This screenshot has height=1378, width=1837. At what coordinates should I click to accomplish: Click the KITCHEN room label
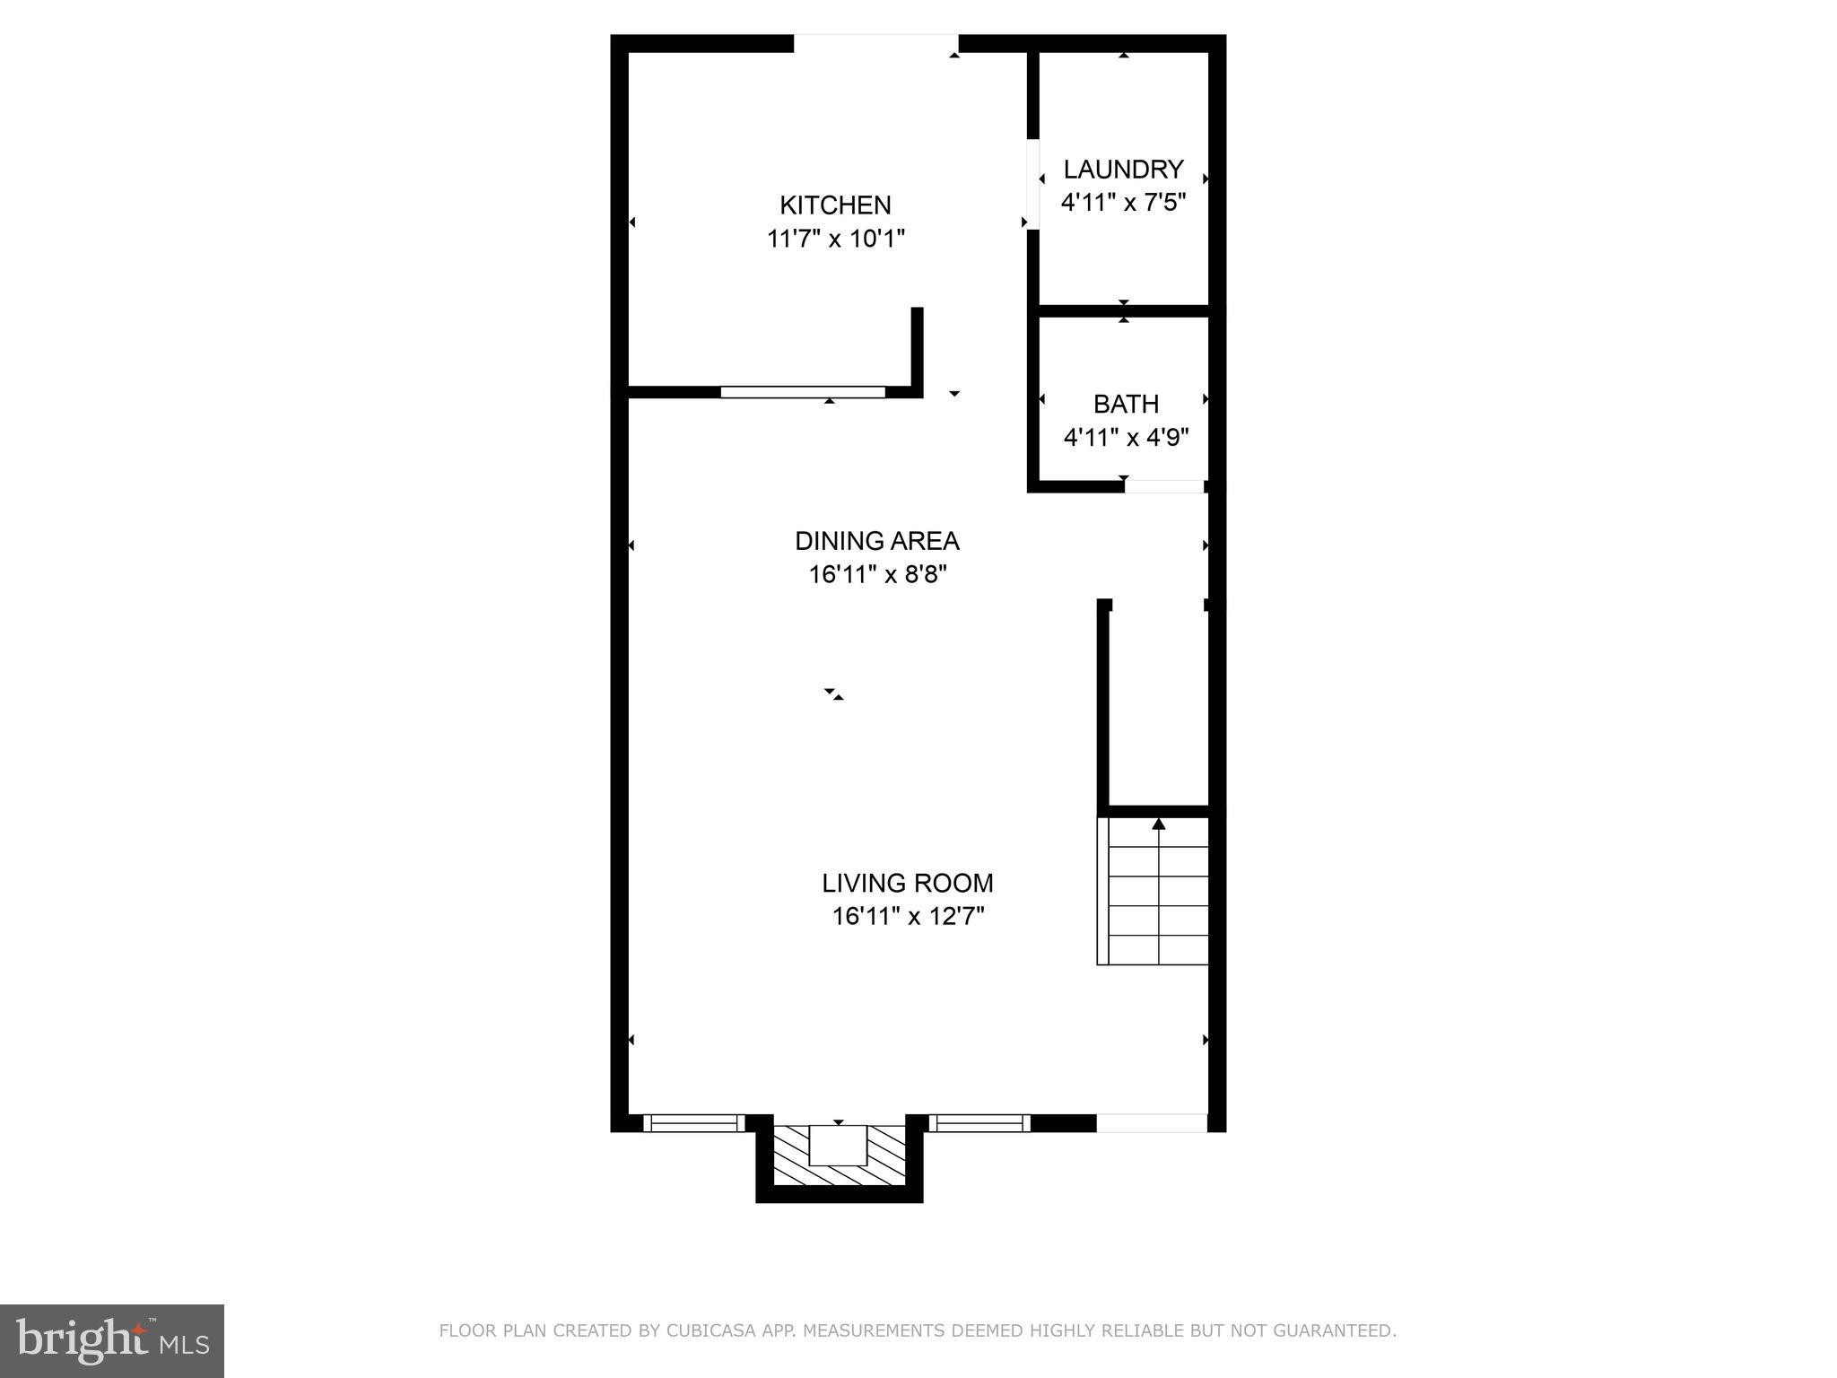(x=835, y=205)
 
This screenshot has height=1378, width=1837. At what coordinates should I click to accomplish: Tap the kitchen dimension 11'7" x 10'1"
(x=835, y=240)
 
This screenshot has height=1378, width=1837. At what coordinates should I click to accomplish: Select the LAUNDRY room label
(x=1123, y=170)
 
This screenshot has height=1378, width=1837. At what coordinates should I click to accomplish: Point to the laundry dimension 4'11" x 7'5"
(x=1123, y=203)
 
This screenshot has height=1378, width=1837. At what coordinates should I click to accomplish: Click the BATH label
(x=1126, y=404)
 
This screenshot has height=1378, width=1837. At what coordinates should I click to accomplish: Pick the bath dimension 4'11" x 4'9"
(x=1126, y=438)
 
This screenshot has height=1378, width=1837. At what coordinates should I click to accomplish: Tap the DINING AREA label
(x=876, y=541)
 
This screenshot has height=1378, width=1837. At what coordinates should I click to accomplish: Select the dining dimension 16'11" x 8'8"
(x=877, y=574)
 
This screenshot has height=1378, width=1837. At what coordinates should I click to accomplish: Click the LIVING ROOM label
(x=907, y=884)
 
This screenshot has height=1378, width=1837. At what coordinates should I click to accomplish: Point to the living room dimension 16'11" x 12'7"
(x=908, y=917)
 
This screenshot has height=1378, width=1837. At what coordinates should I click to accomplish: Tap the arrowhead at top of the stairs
(x=1159, y=823)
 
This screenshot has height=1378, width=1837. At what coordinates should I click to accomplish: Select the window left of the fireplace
(x=694, y=1122)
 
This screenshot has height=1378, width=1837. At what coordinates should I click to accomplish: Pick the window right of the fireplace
(x=978, y=1122)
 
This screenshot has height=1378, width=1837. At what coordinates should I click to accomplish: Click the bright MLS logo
(x=111, y=1341)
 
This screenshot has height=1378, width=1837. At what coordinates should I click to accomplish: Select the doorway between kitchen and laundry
(x=1032, y=184)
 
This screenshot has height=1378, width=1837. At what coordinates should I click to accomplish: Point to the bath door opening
(x=1164, y=487)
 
